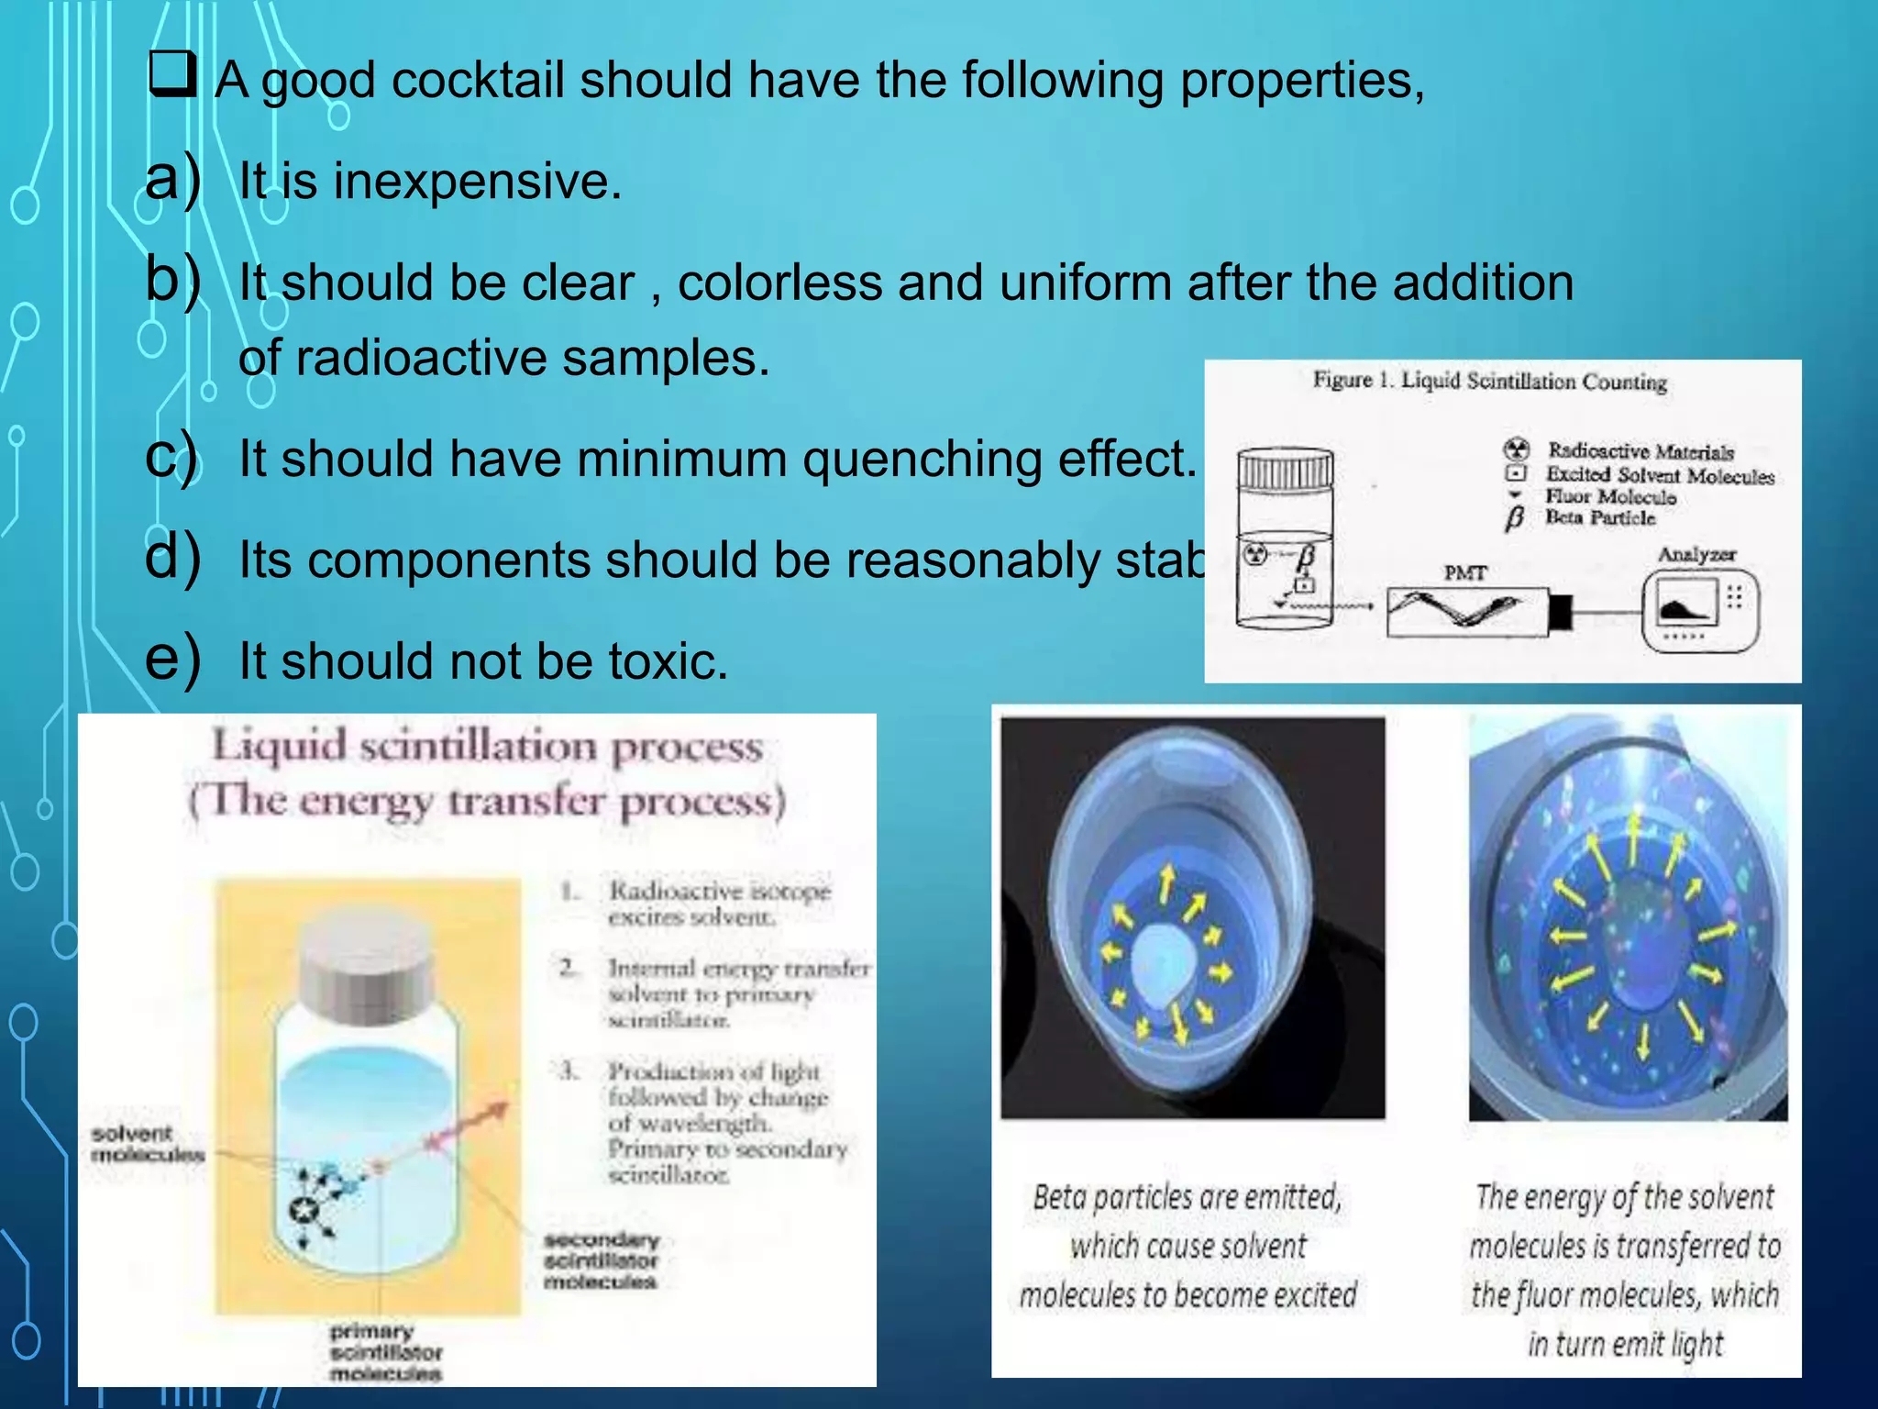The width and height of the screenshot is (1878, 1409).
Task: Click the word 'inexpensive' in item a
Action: (x=477, y=181)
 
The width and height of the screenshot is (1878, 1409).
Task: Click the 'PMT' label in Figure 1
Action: (x=1464, y=573)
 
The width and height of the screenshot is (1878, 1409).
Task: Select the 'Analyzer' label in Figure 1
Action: (x=1696, y=554)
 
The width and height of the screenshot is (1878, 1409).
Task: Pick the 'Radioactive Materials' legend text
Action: (x=1640, y=450)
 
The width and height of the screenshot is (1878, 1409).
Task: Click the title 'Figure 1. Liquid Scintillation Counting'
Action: (x=1489, y=381)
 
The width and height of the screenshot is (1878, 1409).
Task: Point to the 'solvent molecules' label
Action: (x=146, y=1143)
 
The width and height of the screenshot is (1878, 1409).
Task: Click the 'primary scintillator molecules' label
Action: (x=386, y=1352)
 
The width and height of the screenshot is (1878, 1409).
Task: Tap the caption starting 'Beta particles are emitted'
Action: (x=1188, y=1246)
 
